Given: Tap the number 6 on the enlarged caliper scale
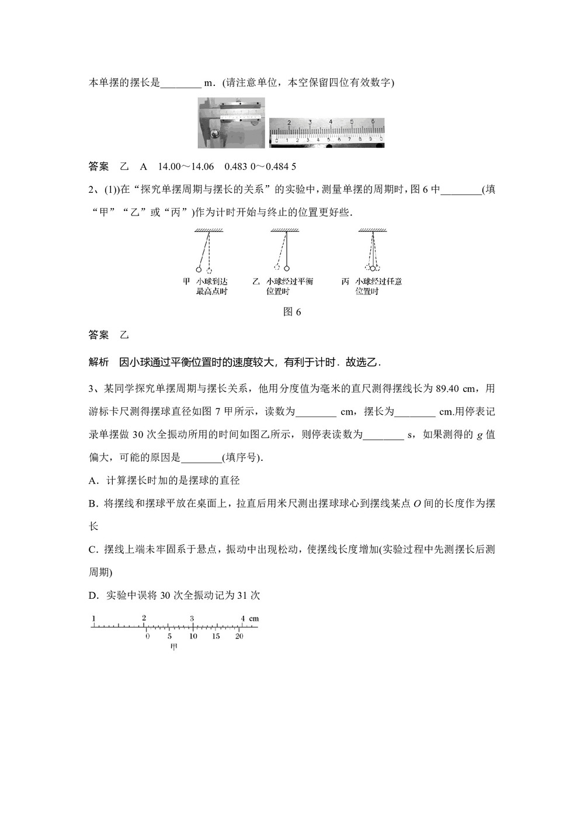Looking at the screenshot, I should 373,121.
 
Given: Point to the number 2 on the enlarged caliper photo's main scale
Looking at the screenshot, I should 289,122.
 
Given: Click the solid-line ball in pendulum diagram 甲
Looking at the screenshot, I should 199,269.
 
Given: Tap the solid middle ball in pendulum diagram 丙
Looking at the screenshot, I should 372,269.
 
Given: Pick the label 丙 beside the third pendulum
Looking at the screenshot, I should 345,282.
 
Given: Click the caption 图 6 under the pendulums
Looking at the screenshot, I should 291,311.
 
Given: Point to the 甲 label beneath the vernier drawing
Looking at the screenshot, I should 173,647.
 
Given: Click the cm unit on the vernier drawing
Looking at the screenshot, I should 253,618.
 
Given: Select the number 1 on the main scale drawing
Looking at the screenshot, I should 93,618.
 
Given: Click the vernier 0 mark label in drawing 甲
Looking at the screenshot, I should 147,636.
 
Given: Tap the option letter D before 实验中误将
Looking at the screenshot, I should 92,595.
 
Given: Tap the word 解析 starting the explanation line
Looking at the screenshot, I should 99,362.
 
